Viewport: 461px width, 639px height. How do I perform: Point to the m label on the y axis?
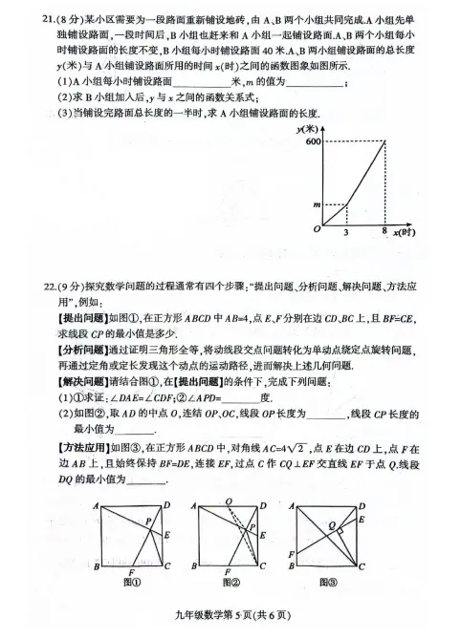313,203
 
